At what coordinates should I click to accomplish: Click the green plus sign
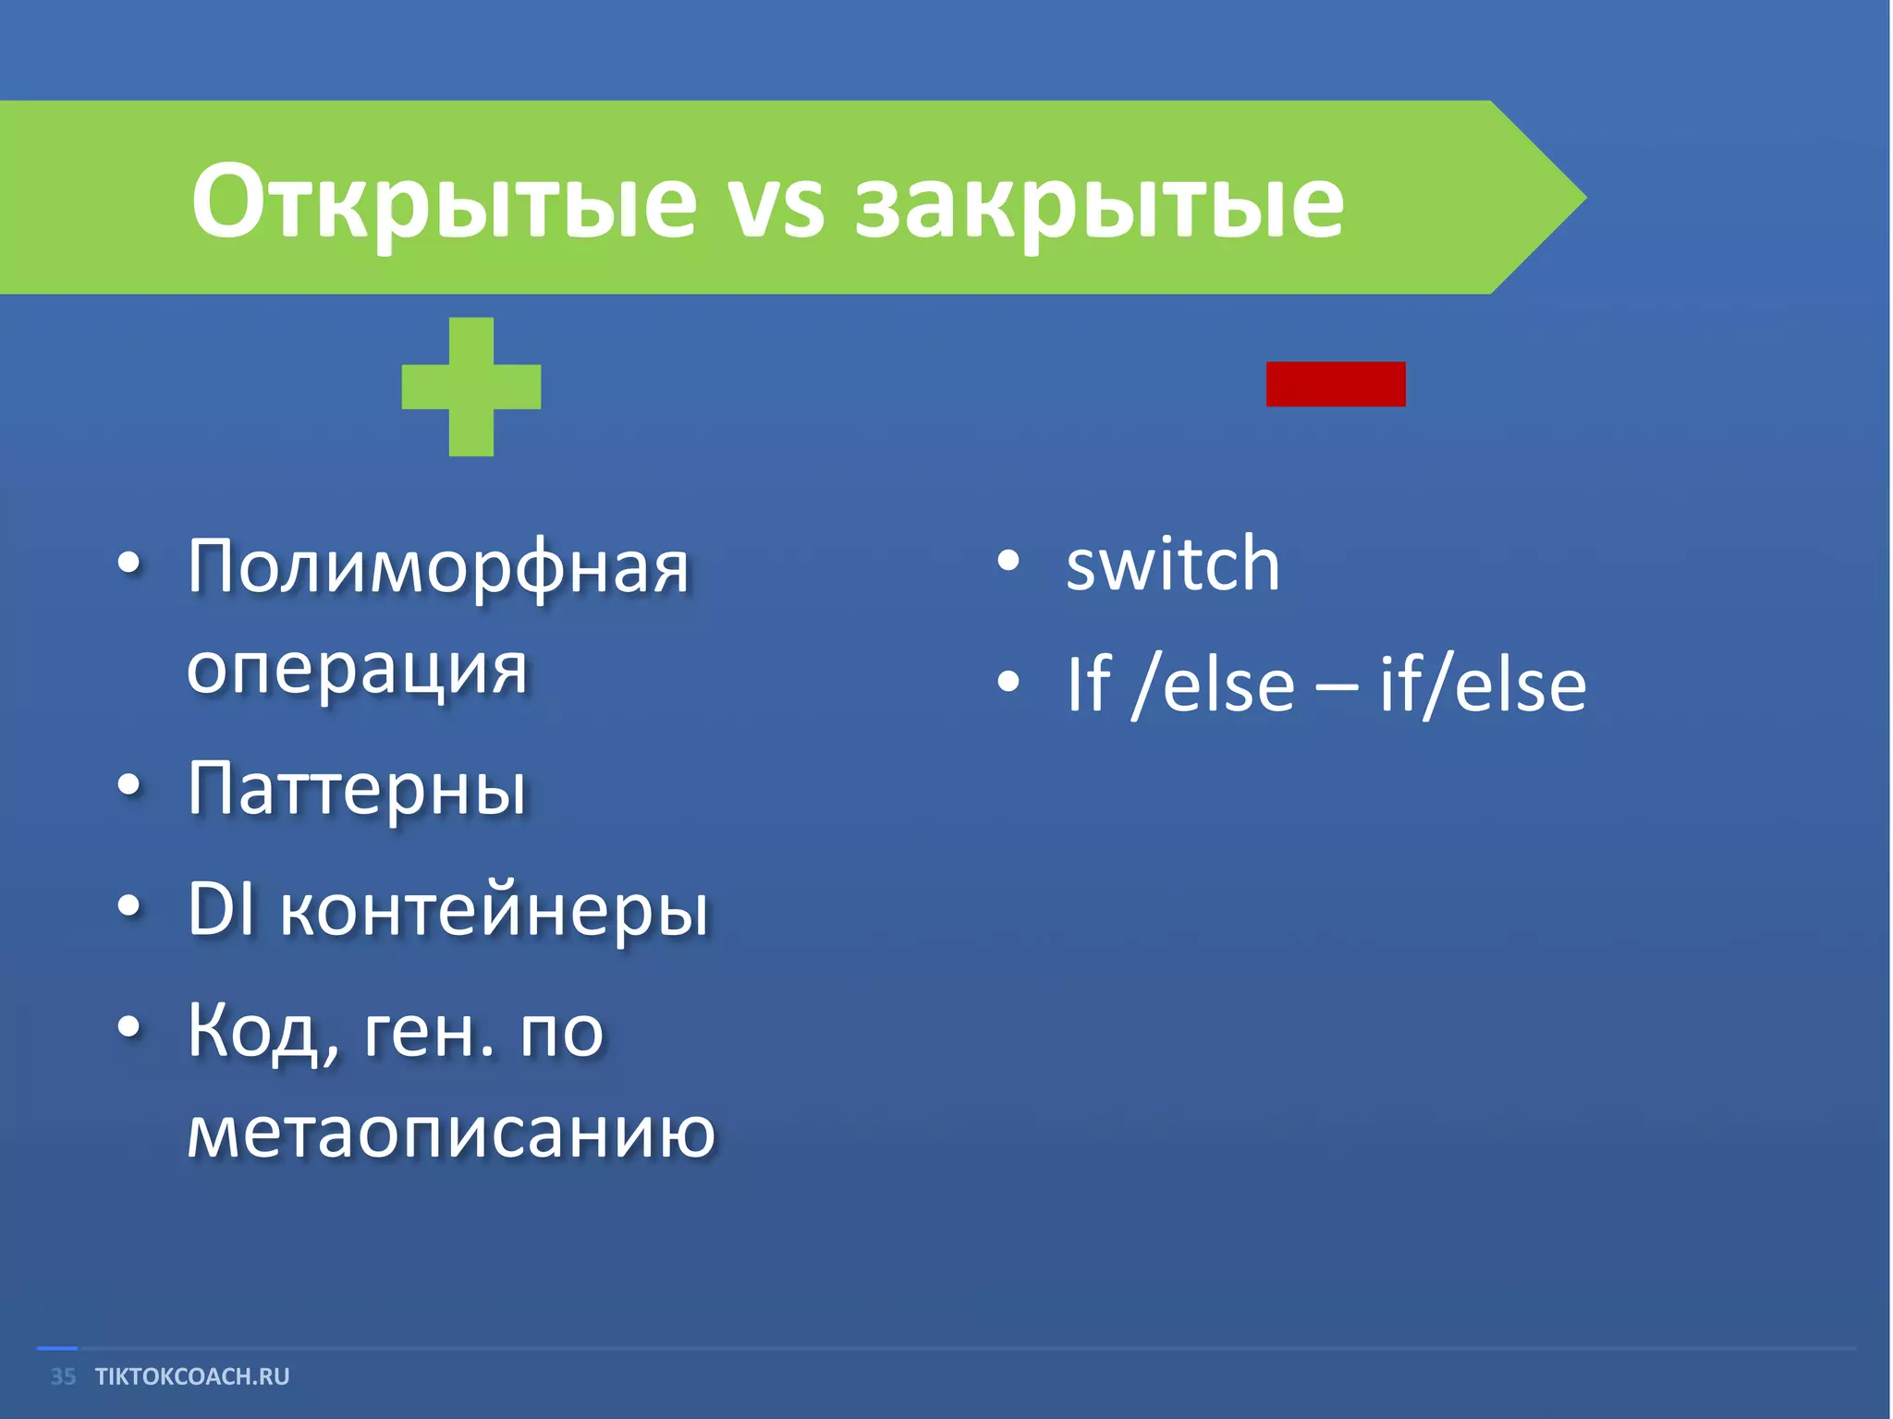(x=471, y=386)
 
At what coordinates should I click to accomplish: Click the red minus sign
(x=1336, y=384)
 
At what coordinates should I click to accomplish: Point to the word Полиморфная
(x=439, y=568)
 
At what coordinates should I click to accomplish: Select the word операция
(x=357, y=670)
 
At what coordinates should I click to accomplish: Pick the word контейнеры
(x=495, y=913)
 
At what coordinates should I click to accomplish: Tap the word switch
(x=1173, y=565)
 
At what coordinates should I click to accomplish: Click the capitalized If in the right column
(x=1088, y=685)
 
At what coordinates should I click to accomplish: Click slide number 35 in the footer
(x=63, y=1377)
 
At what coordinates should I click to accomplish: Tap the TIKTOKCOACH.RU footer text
(x=192, y=1377)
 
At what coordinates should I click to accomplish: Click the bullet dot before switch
(x=1008, y=561)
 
